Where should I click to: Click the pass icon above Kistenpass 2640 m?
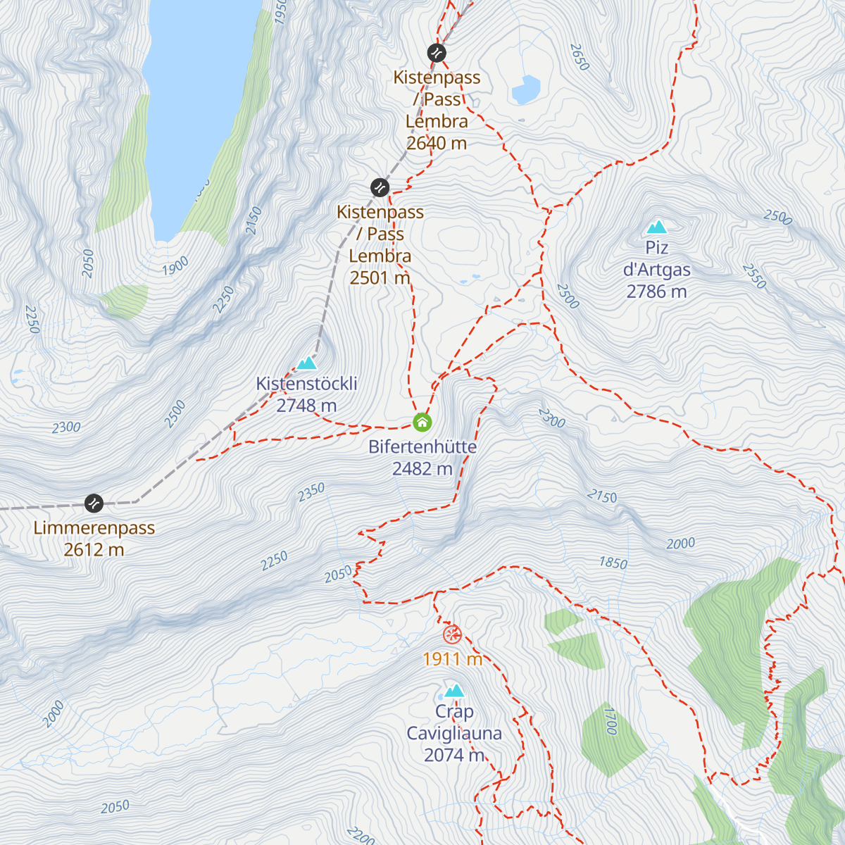[437, 53]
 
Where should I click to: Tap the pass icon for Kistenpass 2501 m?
[380, 187]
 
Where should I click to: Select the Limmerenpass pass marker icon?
[94, 503]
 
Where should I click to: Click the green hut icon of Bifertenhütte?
[422, 422]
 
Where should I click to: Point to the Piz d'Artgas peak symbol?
[657, 227]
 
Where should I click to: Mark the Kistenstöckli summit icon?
[306, 363]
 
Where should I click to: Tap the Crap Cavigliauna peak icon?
[454, 690]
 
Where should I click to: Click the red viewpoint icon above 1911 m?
[452, 634]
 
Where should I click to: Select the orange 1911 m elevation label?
[452, 659]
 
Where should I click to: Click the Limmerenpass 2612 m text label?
[94, 539]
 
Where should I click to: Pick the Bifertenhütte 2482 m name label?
[423, 458]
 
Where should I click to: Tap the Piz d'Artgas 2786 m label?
[657, 270]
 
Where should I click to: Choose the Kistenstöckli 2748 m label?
[306, 394]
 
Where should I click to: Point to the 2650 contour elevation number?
[579, 57]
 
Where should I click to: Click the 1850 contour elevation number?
[613, 563]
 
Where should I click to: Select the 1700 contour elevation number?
[610, 721]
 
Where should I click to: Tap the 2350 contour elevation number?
[311, 492]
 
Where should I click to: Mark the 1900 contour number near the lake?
[175, 266]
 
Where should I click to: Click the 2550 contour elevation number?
[753, 276]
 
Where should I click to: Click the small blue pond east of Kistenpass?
[526, 90]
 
